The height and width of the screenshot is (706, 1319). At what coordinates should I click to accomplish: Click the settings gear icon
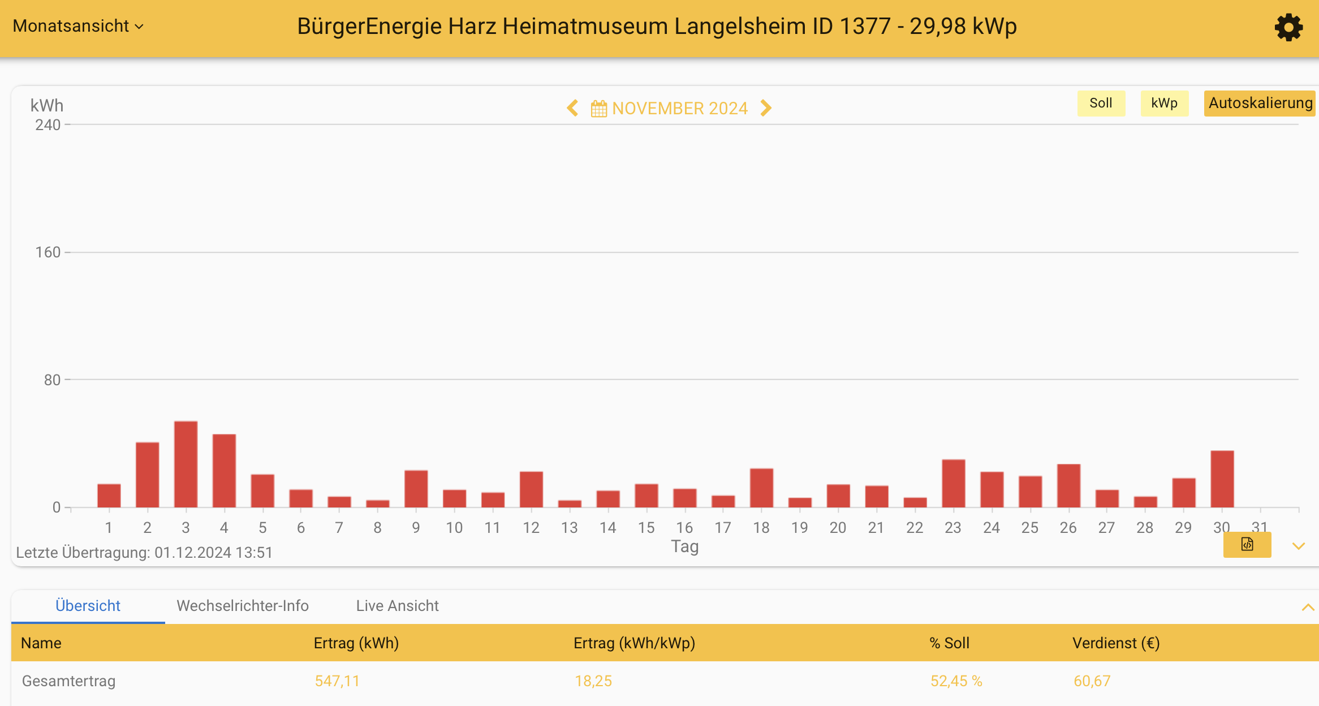pyautogui.click(x=1288, y=27)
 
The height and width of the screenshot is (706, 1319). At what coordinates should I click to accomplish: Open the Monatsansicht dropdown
pyautogui.click(x=78, y=26)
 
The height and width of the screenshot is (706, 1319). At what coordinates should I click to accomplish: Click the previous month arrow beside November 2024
pyautogui.click(x=572, y=108)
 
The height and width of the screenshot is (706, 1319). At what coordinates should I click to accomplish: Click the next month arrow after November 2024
pyautogui.click(x=766, y=108)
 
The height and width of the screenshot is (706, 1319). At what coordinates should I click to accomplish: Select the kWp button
pyautogui.click(x=1164, y=103)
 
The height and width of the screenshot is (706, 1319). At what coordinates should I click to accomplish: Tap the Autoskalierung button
pyautogui.click(x=1260, y=103)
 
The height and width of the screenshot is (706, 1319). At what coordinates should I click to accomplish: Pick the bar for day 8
pyautogui.click(x=377, y=503)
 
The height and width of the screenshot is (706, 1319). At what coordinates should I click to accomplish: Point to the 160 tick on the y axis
pyautogui.click(x=48, y=252)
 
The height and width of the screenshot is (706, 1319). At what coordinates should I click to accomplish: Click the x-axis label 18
pyautogui.click(x=761, y=528)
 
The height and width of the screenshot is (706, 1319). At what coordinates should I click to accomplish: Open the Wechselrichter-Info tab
pyautogui.click(x=243, y=606)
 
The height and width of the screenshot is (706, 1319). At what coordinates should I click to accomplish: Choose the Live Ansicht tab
pyautogui.click(x=397, y=606)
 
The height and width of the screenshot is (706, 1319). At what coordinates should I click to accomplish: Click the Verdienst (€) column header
pyautogui.click(x=1116, y=643)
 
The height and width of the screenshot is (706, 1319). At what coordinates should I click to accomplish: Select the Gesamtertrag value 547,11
pyautogui.click(x=337, y=681)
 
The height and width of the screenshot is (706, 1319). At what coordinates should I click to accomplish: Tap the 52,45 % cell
pyautogui.click(x=956, y=681)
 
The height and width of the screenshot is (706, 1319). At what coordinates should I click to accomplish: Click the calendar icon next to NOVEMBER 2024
pyautogui.click(x=598, y=108)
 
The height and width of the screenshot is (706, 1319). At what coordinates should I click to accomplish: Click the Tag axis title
pyautogui.click(x=684, y=546)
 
